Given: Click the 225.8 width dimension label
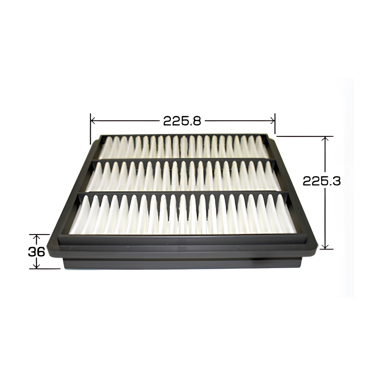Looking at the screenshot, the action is pos(182,121).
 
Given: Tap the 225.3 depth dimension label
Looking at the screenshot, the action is pos(321,181).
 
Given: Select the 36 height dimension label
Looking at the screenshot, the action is pos(37,252).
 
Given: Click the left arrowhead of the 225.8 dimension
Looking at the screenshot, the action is pos(94,121).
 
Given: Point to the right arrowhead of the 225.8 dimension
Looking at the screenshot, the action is pos(272,121).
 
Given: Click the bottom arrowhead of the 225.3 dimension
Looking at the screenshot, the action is pos(325,246).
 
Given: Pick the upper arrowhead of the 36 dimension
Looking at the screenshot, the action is pos(36,237).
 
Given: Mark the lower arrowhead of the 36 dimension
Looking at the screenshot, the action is pos(36,266).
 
